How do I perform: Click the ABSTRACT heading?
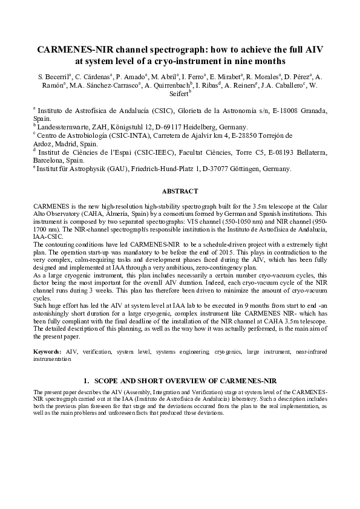point(180,191)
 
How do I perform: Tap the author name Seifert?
point(175,93)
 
